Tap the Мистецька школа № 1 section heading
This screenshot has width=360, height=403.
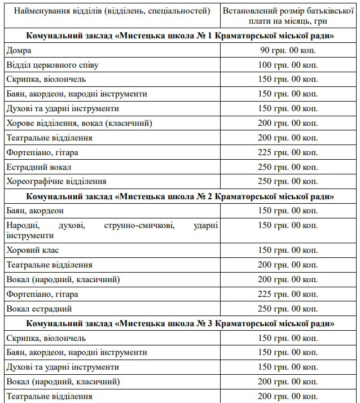pos(180,36)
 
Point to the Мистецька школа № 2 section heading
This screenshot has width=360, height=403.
pos(180,196)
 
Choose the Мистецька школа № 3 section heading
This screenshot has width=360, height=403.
pos(180,323)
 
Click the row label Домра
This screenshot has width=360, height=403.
pos(19,51)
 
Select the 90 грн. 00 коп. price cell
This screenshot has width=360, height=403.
pos(288,51)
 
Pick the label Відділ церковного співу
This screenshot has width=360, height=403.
pos(52,65)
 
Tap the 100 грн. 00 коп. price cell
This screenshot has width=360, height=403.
pos(288,65)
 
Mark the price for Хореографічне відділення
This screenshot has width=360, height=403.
pos(288,182)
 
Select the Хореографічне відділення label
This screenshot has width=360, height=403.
pos(56,182)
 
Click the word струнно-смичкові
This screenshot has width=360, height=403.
pos(139,226)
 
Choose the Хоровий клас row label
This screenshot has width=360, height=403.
pos(33,250)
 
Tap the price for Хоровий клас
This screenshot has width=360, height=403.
pos(288,250)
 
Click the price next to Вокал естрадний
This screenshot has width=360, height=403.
pos(288,309)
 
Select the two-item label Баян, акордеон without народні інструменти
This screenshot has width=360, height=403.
pos(35,211)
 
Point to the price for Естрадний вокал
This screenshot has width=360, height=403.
pos(288,167)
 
